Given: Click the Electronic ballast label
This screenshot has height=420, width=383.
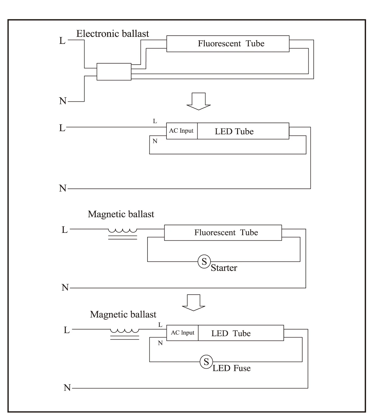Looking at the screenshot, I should click(113, 34).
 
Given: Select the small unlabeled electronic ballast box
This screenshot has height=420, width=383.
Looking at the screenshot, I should click(114, 72).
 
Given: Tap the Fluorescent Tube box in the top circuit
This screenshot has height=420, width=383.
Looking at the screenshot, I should click(228, 43).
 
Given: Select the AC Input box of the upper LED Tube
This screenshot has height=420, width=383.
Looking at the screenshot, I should click(182, 131).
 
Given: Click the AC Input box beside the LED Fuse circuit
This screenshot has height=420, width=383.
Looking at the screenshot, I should click(183, 333).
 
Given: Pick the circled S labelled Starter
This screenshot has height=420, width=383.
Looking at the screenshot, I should click(204, 261).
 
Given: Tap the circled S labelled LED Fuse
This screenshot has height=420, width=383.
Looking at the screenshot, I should click(206, 362).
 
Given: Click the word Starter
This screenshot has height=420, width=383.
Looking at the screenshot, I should click(224, 268).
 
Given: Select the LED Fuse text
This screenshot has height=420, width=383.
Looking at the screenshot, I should click(232, 368).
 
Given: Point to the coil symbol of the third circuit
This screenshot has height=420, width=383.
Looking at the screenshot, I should click(123, 233).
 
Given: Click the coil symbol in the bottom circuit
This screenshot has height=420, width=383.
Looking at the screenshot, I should click(125, 333).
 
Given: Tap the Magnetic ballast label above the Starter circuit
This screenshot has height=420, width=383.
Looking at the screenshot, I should click(121, 214).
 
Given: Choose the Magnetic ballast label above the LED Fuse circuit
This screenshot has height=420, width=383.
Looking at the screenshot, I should click(123, 314).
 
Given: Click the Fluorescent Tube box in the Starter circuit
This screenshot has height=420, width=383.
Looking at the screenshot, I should click(223, 233).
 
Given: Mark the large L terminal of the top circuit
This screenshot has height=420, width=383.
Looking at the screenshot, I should click(62, 41).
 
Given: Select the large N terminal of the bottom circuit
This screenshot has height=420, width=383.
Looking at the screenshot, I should click(67, 388).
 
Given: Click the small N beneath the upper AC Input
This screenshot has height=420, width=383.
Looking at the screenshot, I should click(155, 141).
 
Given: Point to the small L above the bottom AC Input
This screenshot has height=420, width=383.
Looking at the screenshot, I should click(160, 325).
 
